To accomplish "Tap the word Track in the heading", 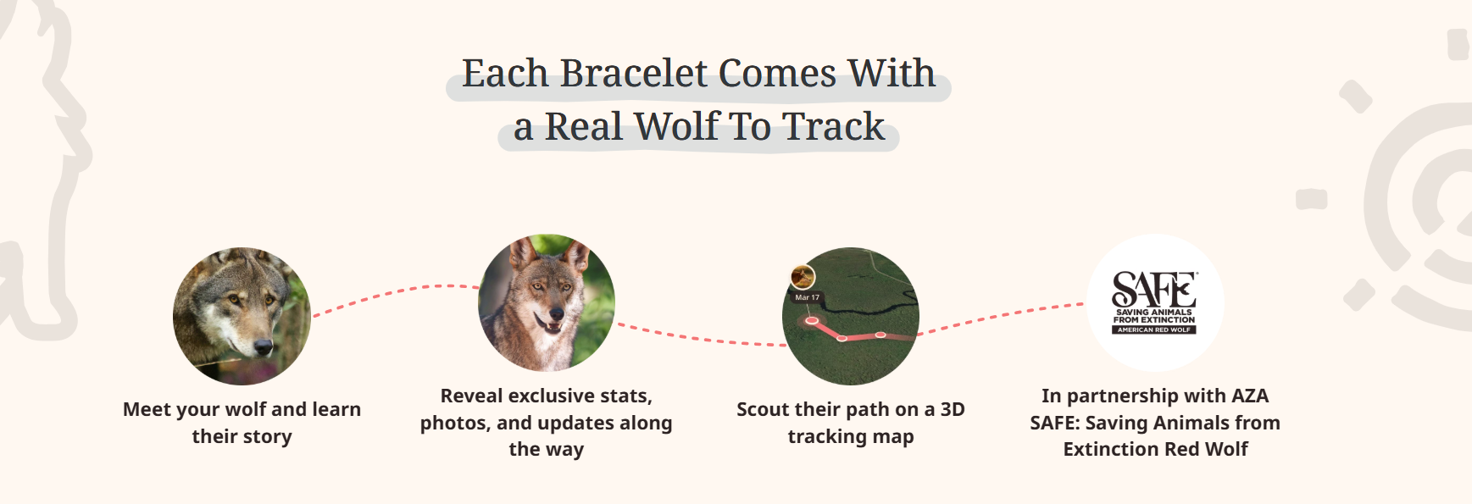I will tap(833, 127).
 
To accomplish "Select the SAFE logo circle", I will tap(1154, 302).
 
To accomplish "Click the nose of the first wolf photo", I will tap(264, 346).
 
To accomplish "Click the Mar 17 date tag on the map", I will tap(807, 297).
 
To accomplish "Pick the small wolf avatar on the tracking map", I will tap(803, 276).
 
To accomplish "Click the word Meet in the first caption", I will tap(147, 410).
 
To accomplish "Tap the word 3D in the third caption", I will tap(952, 410).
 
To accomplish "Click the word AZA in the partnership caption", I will tap(1249, 396).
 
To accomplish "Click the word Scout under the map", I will tap(764, 410).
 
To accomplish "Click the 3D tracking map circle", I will tap(851, 316).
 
